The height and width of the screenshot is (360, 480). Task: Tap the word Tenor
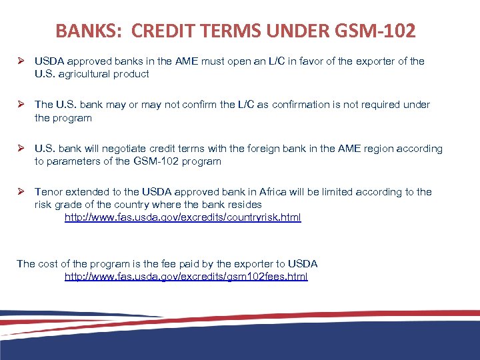click(x=49, y=192)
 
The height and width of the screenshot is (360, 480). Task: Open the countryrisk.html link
click(x=183, y=217)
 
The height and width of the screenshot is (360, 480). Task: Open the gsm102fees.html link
click(x=186, y=277)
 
